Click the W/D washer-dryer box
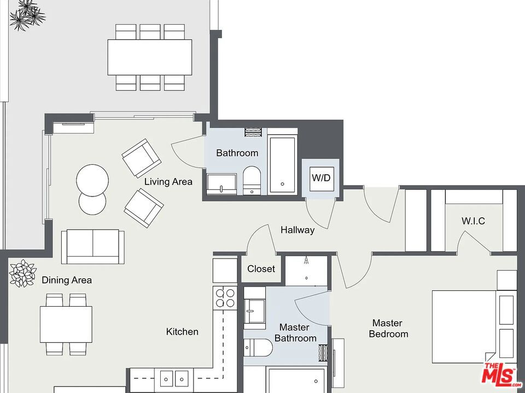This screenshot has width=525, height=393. (x=322, y=179)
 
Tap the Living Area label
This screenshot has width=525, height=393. (x=168, y=182)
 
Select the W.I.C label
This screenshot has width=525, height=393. (x=473, y=221)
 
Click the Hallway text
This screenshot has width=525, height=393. (x=297, y=230)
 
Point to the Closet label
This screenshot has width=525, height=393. (x=261, y=269)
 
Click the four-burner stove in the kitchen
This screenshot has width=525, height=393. (x=225, y=298)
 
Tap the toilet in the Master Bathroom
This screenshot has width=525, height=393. (x=258, y=348)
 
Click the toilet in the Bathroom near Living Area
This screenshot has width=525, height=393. (x=252, y=181)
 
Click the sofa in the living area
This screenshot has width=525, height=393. (x=93, y=246)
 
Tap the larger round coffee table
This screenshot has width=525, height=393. (x=92, y=180)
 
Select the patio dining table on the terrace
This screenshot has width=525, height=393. (x=150, y=57)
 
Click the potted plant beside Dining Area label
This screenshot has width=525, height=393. (x=23, y=273)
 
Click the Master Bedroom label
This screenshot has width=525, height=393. (x=388, y=329)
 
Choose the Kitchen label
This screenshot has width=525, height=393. (x=182, y=331)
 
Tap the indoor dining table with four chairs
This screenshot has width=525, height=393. (x=66, y=324)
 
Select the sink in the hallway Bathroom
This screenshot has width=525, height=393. (x=221, y=184)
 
